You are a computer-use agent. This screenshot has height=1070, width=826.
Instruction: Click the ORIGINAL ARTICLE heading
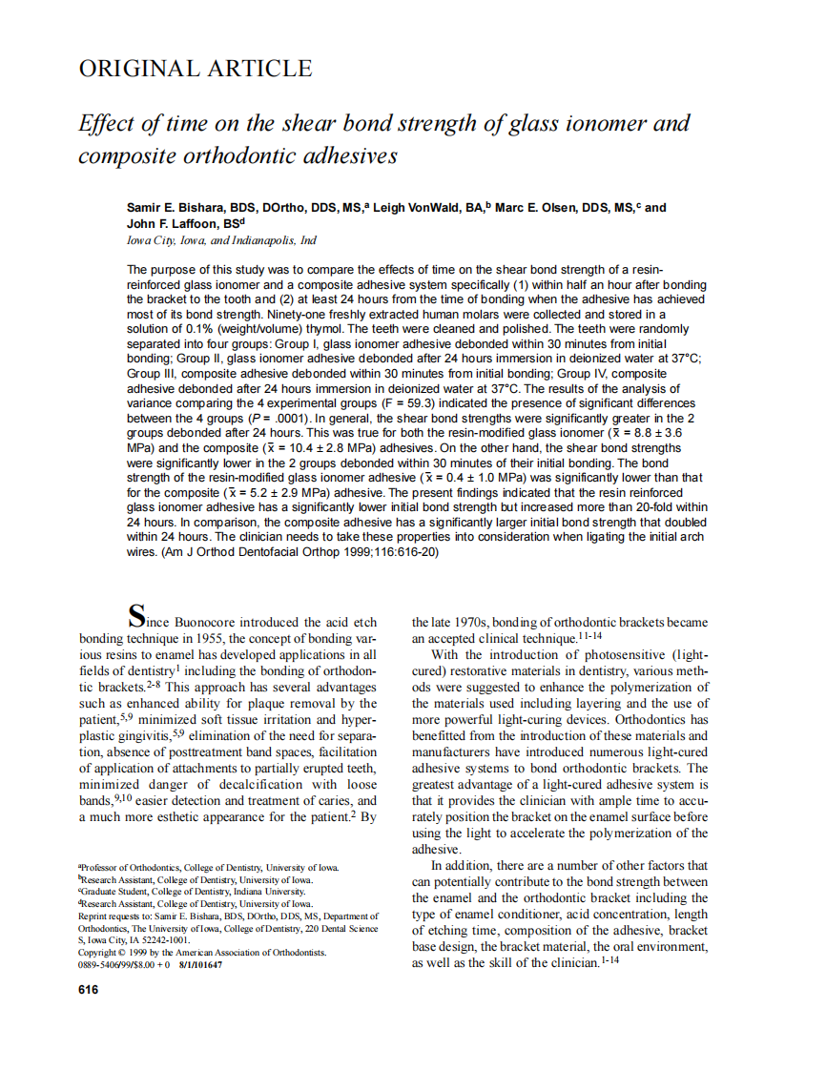coord(195,69)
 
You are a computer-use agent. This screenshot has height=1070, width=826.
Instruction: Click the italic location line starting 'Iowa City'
coord(221,240)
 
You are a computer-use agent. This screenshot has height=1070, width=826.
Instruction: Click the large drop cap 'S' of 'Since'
coord(137,616)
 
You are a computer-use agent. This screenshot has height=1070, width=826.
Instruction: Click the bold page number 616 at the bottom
coord(88,990)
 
